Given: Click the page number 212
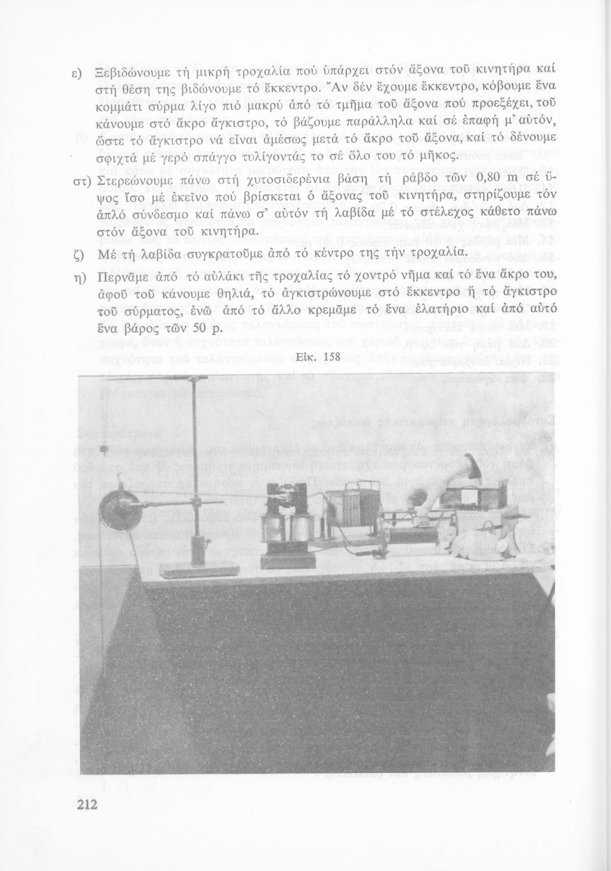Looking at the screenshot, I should (85, 804).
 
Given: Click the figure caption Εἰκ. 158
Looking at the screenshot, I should (317, 357).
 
